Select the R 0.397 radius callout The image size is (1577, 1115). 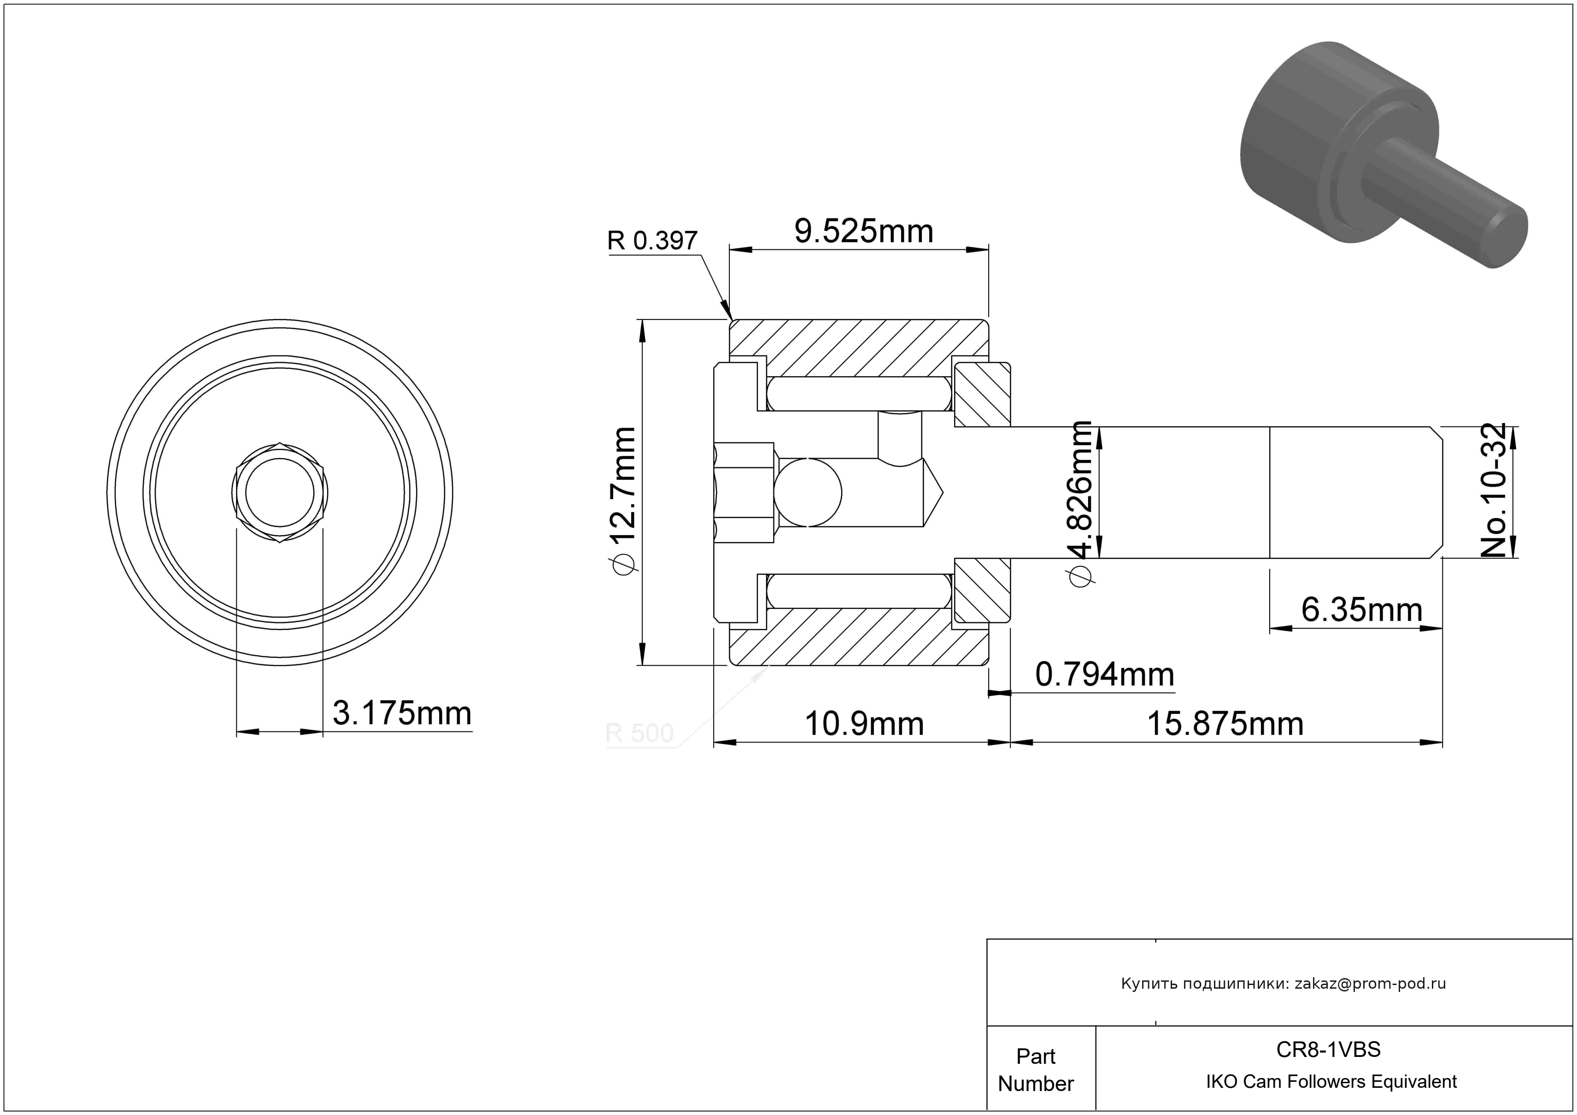click(x=652, y=241)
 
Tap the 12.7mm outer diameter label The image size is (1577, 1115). click(x=621, y=501)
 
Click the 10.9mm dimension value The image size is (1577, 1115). click(x=864, y=724)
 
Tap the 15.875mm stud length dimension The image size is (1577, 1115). click(x=1225, y=724)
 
